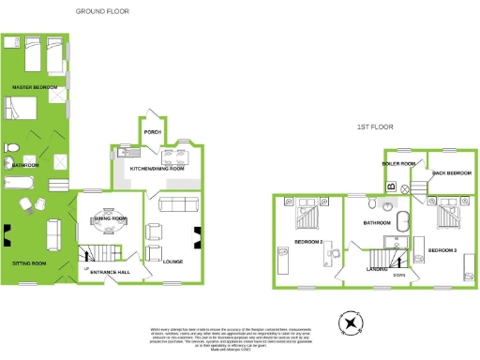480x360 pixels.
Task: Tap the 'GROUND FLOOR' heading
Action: pyautogui.click(x=102, y=11)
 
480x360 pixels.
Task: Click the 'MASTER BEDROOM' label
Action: pyautogui.click(x=30, y=86)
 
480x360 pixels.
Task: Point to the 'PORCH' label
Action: pyautogui.click(x=152, y=132)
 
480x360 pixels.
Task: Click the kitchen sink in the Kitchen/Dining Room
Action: pyautogui.click(x=127, y=150)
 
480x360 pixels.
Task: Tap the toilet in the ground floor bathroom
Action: pyautogui.click(x=11, y=150)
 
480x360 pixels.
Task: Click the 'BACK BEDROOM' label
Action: pyautogui.click(x=451, y=173)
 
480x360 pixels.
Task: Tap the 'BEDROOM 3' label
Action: pyautogui.click(x=442, y=251)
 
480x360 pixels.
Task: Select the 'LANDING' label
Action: pyautogui.click(x=377, y=269)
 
